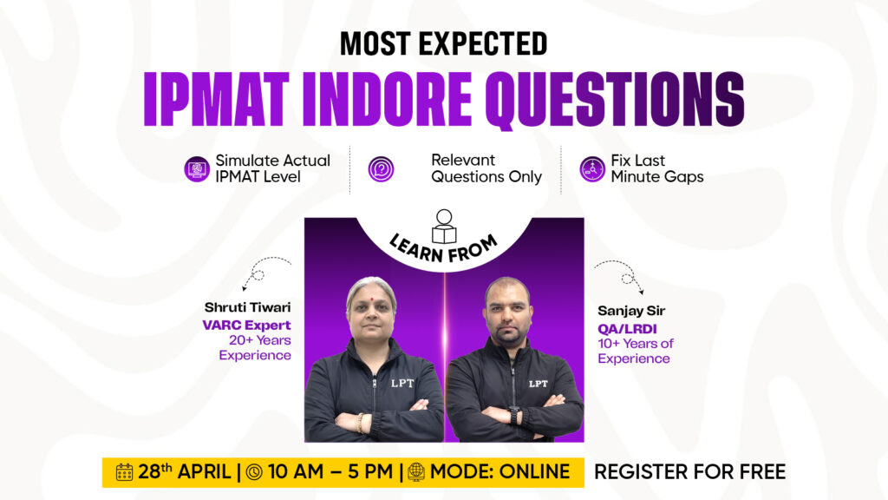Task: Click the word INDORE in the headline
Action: point(387,99)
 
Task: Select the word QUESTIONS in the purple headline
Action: point(615,101)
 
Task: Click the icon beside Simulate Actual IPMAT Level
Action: point(197,169)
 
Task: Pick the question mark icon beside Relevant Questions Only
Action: point(382,169)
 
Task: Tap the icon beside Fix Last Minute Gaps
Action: point(592,169)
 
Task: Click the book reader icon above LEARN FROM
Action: point(444,227)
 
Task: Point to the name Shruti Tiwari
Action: point(247,307)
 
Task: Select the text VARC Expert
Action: point(247,326)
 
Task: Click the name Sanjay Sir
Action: point(631,311)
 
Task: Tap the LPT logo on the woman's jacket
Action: point(402,383)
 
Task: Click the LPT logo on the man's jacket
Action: point(538,384)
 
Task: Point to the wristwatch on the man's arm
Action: point(513,414)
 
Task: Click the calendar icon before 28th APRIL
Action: point(125,472)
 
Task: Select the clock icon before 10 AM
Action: point(254,472)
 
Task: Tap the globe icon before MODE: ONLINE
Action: point(416,472)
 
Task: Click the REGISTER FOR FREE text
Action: point(689,471)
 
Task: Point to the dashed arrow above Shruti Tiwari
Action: point(258,271)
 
